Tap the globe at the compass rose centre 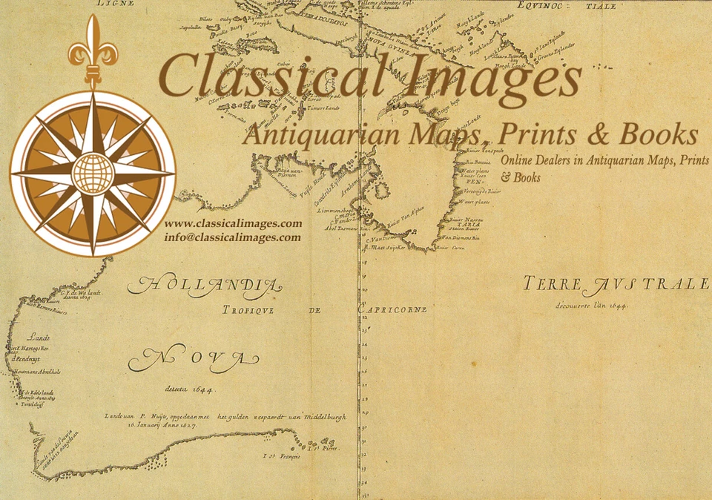click(93, 173)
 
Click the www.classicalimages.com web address click(233, 224)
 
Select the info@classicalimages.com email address click(233, 238)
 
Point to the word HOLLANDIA click(205, 285)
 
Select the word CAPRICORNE click(392, 309)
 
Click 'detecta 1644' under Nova click(190, 389)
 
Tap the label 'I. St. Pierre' click(324, 449)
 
